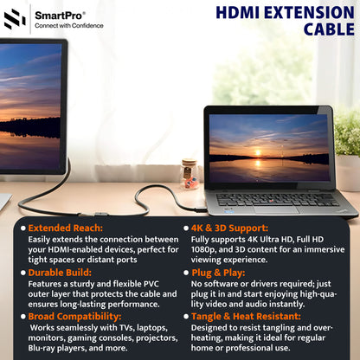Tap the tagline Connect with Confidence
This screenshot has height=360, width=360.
click(x=68, y=26)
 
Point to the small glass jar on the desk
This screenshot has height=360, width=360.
click(x=190, y=172)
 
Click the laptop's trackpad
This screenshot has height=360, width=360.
click(x=276, y=209)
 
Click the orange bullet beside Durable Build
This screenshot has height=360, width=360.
click(x=22, y=272)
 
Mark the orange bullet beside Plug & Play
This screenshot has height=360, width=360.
click(x=185, y=272)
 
